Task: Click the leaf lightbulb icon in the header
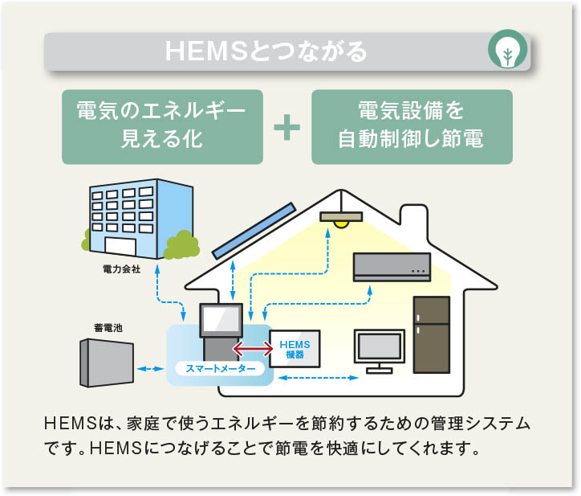coord(507,52)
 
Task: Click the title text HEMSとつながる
coord(266,51)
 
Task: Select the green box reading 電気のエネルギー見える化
coord(162,126)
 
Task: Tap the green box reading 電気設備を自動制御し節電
coord(411,126)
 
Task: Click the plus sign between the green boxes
coord(287,127)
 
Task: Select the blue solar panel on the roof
coord(253,228)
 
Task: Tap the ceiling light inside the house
coord(341,219)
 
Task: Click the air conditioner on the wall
coord(392,267)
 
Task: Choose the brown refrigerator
coord(431,334)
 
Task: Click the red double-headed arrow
coord(250,348)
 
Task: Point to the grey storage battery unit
coord(105,363)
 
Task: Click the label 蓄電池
coord(108,328)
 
